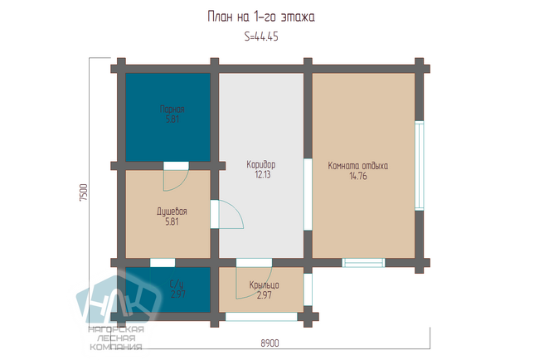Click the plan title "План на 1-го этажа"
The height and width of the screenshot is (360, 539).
[x=261, y=17]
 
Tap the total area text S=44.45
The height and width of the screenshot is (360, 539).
[x=261, y=36]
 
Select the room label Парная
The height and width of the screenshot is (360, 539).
[x=172, y=109]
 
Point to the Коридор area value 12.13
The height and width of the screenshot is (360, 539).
[x=263, y=175]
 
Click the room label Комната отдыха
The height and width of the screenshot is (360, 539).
[x=358, y=166]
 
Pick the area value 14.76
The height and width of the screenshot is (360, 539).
[x=358, y=176]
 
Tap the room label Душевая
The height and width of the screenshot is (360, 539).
[x=172, y=212]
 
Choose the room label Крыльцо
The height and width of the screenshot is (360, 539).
[x=264, y=285]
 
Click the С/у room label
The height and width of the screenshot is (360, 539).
[x=177, y=284]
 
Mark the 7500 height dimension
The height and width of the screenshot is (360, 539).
[x=84, y=192]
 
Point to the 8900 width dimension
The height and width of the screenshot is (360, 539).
[x=269, y=343]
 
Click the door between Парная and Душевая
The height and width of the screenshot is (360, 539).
[x=176, y=177]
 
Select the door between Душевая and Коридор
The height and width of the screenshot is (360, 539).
[x=227, y=214]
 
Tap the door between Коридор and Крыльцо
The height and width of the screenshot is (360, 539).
[x=254, y=279]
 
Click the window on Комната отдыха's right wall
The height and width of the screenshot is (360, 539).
[x=420, y=165]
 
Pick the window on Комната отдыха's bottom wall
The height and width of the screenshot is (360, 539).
[x=363, y=263]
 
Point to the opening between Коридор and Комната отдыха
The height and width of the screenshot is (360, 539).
[x=308, y=194]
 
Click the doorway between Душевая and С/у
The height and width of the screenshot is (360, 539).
[x=163, y=263]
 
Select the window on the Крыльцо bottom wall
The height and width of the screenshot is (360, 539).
[x=261, y=317]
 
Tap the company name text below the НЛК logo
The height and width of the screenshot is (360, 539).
[x=116, y=338]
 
